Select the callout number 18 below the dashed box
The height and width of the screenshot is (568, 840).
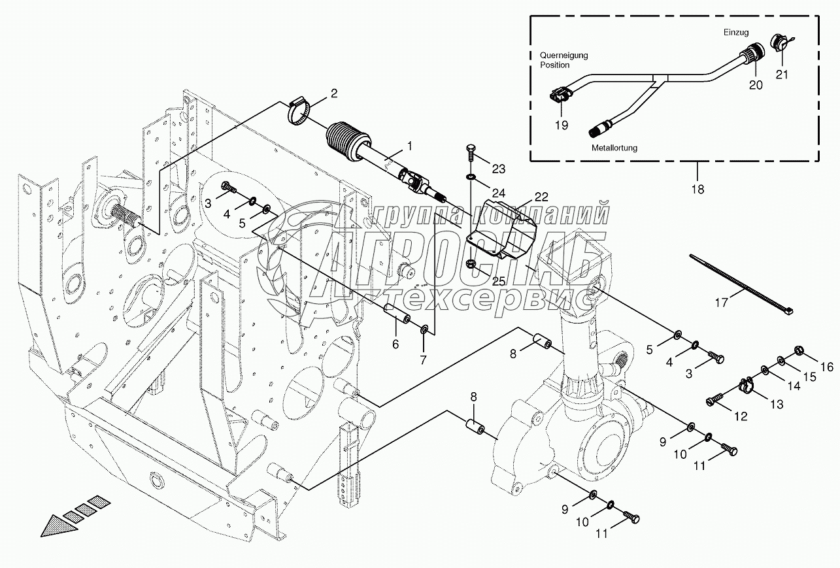tap(697, 190)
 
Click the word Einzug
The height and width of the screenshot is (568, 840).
tap(736, 32)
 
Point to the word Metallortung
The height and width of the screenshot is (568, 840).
tap(614, 148)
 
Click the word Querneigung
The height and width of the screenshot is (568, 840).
tap(563, 56)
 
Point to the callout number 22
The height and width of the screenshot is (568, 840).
tap(541, 196)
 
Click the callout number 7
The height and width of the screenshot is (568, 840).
tap(423, 359)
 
